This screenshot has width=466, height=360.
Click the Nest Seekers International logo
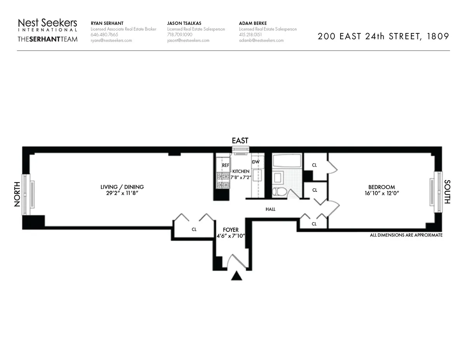tap(47, 25)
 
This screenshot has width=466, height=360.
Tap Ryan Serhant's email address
tap(111, 40)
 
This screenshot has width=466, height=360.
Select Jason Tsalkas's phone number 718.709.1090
tap(180, 35)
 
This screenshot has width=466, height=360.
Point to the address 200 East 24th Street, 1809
tap(383, 37)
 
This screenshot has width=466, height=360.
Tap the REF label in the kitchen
tap(226, 165)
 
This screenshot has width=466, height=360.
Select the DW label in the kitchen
tap(256, 162)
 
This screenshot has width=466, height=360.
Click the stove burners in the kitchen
tap(223, 181)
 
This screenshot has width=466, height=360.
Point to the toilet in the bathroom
tap(278, 191)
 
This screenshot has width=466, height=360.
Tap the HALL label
tap(270, 209)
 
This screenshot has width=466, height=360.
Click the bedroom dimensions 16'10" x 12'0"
tap(381, 193)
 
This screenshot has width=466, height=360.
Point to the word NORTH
tap(17, 195)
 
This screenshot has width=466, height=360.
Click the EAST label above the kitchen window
tap(240, 141)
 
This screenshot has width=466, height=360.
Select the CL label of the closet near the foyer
tap(194, 230)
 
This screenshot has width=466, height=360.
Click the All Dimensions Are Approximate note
tap(406, 235)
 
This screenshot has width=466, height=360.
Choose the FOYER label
tap(231, 230)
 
